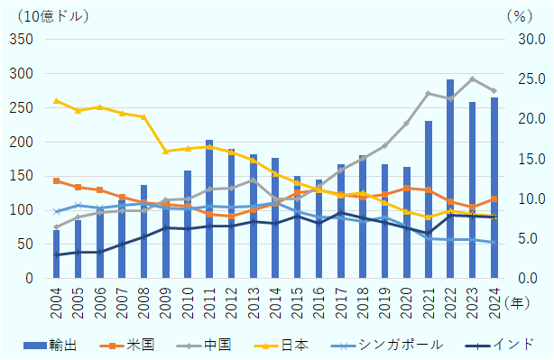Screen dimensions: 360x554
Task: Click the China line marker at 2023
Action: coord(472,78)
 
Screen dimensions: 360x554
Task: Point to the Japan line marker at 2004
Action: coord(56,100)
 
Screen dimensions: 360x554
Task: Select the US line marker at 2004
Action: coord(56,180)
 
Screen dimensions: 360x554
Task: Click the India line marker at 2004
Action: coord(56,255)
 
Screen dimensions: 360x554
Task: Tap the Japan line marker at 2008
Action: coord(143,116)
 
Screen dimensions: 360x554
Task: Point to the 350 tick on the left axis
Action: coord(21,40)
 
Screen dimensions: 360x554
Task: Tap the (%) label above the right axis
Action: coord(521,15)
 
